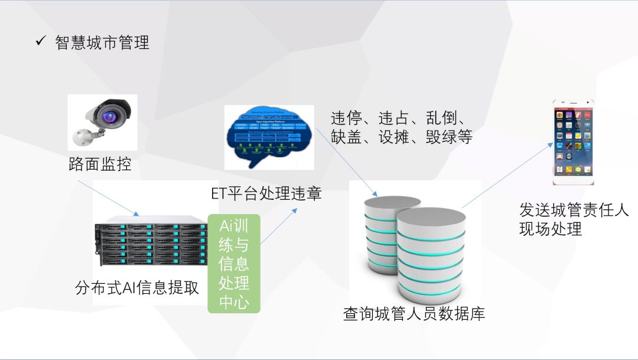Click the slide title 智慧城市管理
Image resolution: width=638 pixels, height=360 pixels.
tap(102, 43)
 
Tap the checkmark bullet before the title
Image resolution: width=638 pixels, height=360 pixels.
tap(41, 41)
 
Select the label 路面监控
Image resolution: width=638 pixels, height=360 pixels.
tap(99, 164)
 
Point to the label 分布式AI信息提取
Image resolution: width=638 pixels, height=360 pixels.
tap(137, 288)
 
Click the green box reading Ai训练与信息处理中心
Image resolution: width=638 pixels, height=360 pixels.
tap(234, 263)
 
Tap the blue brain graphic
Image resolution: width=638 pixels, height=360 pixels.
tap(269, 136)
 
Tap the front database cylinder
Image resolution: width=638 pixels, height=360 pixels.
tap(428, 254)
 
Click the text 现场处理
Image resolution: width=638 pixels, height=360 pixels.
tap(551, 229)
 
